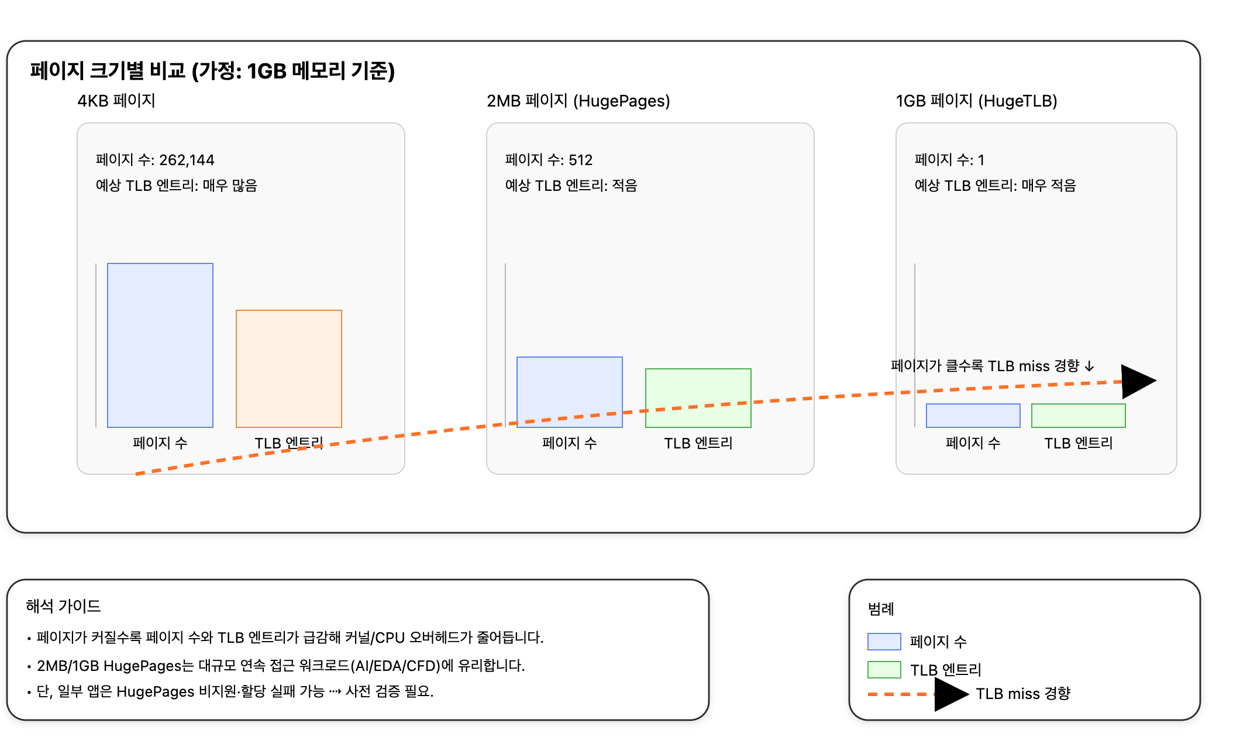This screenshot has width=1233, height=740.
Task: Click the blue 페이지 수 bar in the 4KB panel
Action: click(x=160, y=345)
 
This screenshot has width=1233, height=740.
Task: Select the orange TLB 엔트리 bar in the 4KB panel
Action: click(x=289, y=368)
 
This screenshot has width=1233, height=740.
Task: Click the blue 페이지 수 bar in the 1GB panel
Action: click(x=973, y=416)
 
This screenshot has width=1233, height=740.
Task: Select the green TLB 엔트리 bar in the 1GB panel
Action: click(x=1079, y=416)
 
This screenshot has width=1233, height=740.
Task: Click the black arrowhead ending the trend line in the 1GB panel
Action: click(x=1136, y=381)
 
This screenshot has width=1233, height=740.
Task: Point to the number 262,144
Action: click(x=187, y=160)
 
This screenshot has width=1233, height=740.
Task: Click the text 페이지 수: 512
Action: click(x=549, y=160)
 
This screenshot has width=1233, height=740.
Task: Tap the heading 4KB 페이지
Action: click(x=116, y=101)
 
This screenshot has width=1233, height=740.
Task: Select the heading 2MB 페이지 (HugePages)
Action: click(x=578, y=101)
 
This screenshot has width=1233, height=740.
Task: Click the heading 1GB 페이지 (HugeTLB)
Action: click(x=976, y=101)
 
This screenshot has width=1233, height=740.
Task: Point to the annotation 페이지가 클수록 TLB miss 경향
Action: click(x=992, y=366)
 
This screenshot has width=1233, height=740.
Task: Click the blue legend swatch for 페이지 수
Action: click(x=884, y=642)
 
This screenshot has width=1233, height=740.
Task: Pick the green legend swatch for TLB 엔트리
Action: click(x=884, y=669)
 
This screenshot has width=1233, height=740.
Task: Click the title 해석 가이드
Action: click(x=63, y=606)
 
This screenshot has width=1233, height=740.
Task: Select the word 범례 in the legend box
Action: click(x=881, y=609)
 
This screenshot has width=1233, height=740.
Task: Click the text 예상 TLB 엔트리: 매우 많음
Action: click(x=177, y=186)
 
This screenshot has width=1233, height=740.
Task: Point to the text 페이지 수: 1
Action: click(x=949, y=160)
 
